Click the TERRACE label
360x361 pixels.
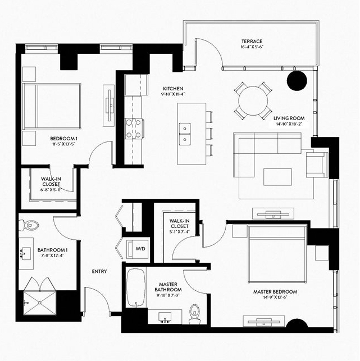pyautogui.click(x=252, y=42)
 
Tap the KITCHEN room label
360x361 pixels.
pyautogui.click(x=173, y=89)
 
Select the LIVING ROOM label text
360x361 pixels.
pyautogui.click(x=289, y=118)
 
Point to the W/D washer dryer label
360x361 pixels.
pyautogui.click(x=140, y=249)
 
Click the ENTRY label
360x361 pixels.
pyautogui.click(x=99, y=271)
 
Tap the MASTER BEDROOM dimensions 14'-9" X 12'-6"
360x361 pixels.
pyautogui.click(x=275, y=297)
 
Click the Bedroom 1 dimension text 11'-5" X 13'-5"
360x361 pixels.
pyautogui.click(x=63, y=144)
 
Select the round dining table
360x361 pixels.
pyautogui.click(x=253, y=100)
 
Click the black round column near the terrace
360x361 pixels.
pyautogui.click(x=297, y=81)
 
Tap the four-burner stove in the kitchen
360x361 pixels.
pyautogui.click(x=134, y=129)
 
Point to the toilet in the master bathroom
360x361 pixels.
pyautogui.click(x=195, y=314)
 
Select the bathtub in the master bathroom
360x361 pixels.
pyautogui.click(x=136, y=287)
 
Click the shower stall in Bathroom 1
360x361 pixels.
pyautogui.click(x=40, y=303)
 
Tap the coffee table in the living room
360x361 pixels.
pyautogui.click(x=277, y=177)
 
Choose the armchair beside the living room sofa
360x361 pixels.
pyautogui.click(x=317, y=165)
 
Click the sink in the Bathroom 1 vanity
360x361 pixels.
pyautogui.click(x=26, y=253)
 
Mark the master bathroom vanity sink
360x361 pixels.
pyautogui.click(x=165, y=317)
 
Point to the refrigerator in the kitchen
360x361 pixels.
pyautogui.click(x=136, y=84)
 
